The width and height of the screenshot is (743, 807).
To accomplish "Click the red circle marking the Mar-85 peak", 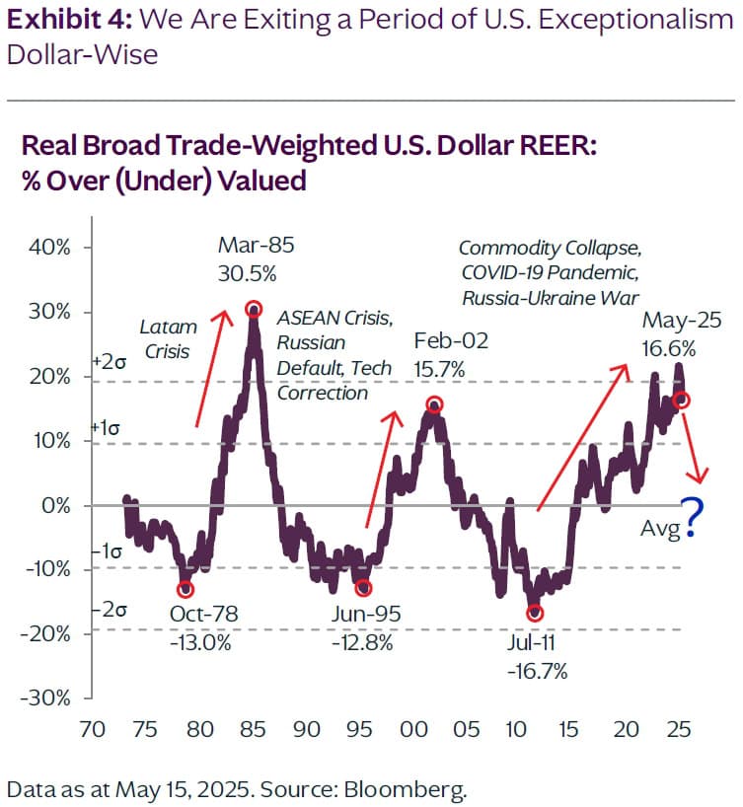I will point(254,309).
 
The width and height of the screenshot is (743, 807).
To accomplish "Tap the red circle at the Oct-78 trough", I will point(185,589).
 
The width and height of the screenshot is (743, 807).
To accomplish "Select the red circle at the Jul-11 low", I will point(535,613).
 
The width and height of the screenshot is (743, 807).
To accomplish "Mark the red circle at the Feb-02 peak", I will point(434,404).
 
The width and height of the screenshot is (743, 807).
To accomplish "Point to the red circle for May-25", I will point(681,400).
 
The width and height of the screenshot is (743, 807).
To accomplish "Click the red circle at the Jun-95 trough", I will point(363,588).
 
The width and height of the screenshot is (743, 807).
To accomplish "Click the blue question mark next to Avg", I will point(694,517).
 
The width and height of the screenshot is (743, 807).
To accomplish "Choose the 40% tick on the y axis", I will point(46,248).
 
